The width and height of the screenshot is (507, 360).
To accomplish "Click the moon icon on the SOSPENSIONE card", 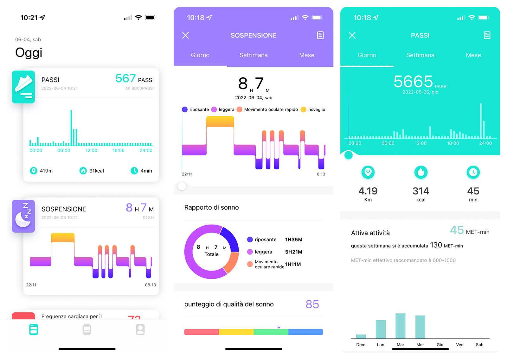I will (23, 216).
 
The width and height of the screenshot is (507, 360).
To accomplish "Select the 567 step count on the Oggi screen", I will (125, 78).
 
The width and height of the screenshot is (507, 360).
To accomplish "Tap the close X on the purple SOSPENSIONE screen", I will (186, 35).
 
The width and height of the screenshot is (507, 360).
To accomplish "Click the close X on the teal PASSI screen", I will (352, 35).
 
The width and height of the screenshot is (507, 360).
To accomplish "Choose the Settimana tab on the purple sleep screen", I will (253, 55).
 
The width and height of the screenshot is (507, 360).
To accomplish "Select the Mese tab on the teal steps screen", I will (473, 55).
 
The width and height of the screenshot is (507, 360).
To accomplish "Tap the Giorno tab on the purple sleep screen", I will (200, 55).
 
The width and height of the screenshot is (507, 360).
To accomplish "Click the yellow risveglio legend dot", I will (303, 109).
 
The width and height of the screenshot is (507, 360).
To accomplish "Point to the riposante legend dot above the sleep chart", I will (185, 109).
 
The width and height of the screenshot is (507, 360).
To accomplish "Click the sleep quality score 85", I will (312, 304).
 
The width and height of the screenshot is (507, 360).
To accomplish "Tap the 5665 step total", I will (413, 82).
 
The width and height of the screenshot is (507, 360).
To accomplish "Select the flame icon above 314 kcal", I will (421, 172).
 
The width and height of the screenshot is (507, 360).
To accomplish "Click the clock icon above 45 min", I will (473, 172).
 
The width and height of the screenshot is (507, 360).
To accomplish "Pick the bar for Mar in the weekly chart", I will (400, 326).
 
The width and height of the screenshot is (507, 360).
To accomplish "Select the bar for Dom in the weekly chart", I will (361, 336).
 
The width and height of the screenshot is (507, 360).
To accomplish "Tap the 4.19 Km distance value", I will (368, 191).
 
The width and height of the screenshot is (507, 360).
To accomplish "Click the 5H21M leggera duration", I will (293, 252).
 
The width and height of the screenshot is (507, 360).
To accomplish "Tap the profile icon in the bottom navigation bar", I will (140, 330).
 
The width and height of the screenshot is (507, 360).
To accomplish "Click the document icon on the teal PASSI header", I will (487, 35).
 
